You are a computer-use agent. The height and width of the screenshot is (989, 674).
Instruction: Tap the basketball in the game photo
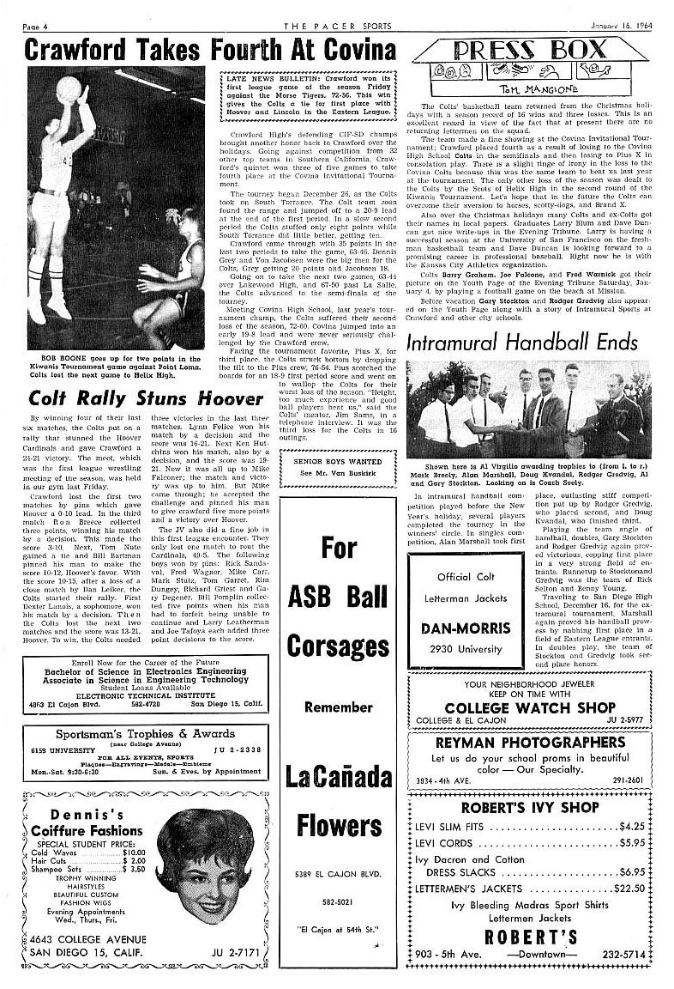click(x=68, y=88)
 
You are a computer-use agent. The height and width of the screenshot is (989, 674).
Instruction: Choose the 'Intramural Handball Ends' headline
click(x=537, y=341)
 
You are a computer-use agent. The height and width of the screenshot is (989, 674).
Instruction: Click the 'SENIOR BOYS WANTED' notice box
click(x=338, y=464)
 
